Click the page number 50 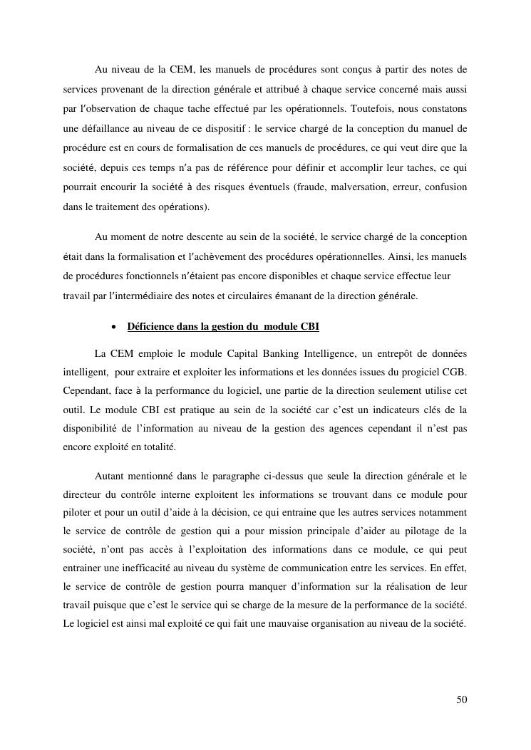462,699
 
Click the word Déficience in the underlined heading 150,327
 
